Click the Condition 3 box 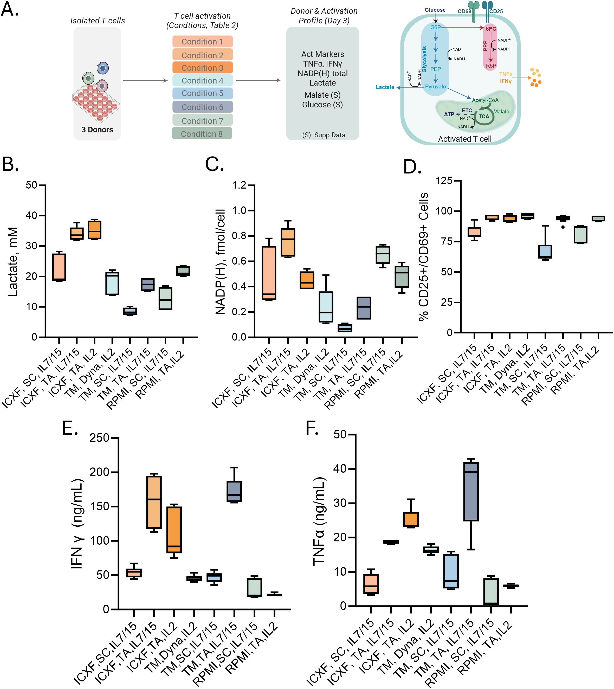[x=202, y=68]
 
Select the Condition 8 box [x=202, y=134]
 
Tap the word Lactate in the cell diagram [x=385, y=87]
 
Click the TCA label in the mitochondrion [x=483, y=117]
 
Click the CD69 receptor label [x=464, y=11]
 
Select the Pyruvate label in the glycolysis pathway [x=435, y=87]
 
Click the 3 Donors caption [x=97, y=130]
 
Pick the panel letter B [x=10, y=164]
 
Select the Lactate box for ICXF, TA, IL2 [x=94, y=230]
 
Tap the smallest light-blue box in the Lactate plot [x=130, y=311]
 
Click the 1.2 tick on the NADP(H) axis [x=239, y=185]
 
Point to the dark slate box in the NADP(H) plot [x=364, y=308]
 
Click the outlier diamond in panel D [x=563, y=227]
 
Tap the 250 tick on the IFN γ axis [x=100, y=438]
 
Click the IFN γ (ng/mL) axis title [x=77, y=524]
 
